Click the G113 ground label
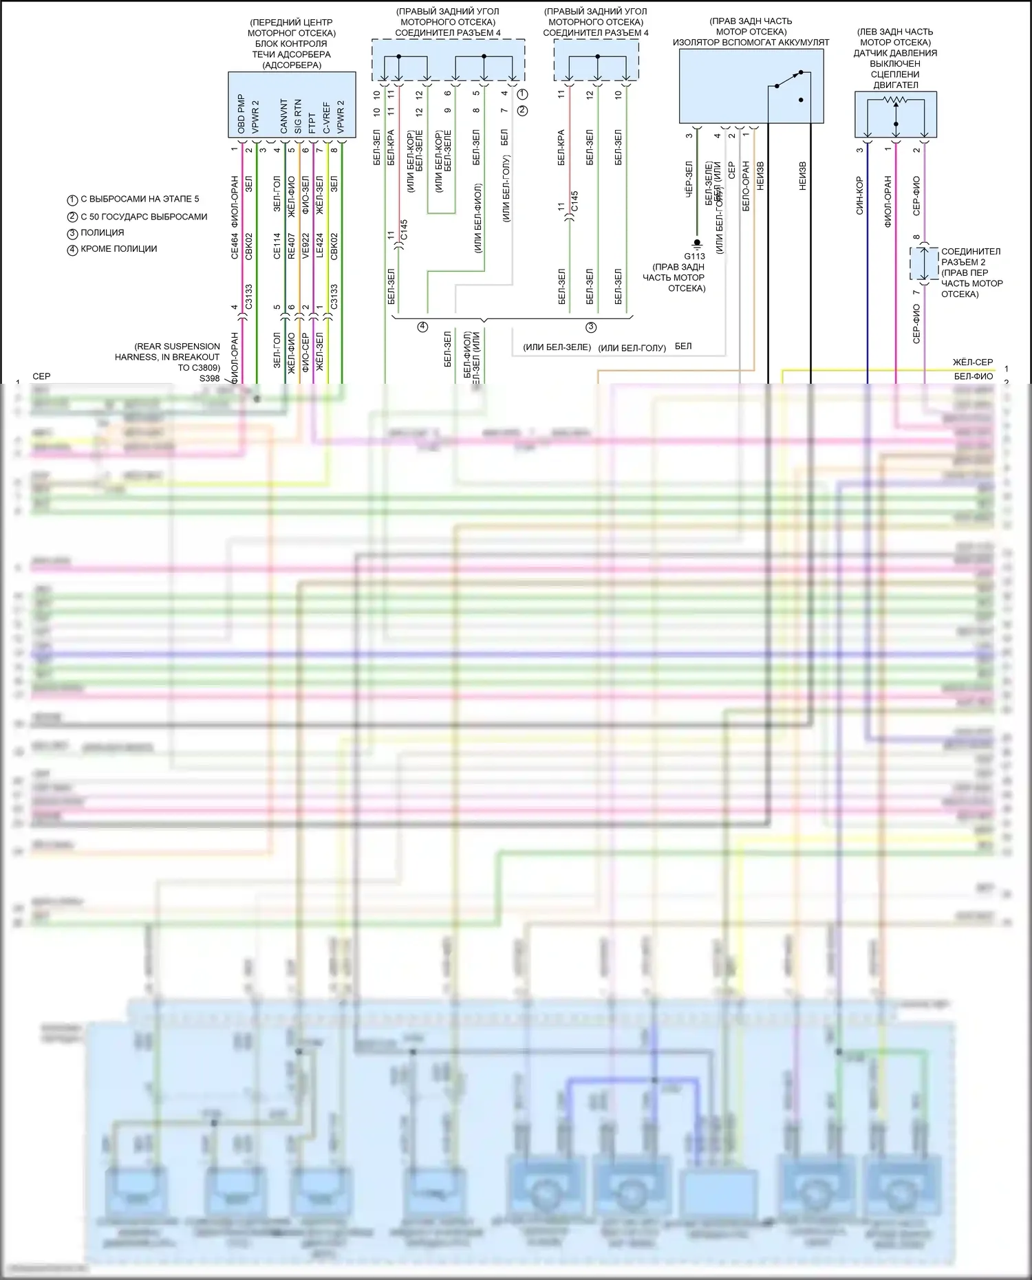point(694,257)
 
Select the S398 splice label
point(209,378)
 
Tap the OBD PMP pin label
point(241,114)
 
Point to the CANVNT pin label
point(283,116)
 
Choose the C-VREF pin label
point(326,118)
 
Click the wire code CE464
point(235,246)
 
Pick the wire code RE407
point(291,246)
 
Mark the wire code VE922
point(305,246)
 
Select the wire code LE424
point(319,246)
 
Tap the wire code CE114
point(277,246)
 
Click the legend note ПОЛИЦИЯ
point(102,233)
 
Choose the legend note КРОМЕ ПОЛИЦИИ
point(118,249)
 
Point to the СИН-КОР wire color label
point(859,196)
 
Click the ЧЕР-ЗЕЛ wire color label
point(689,180)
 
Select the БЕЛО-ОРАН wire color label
point(745,186)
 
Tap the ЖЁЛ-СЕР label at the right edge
point(972,362)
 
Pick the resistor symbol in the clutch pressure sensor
point(895,101)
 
